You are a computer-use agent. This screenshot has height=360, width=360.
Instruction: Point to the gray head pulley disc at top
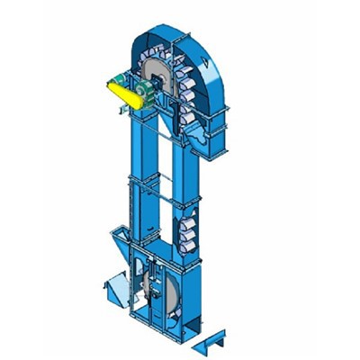click(x=166, y=76)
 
